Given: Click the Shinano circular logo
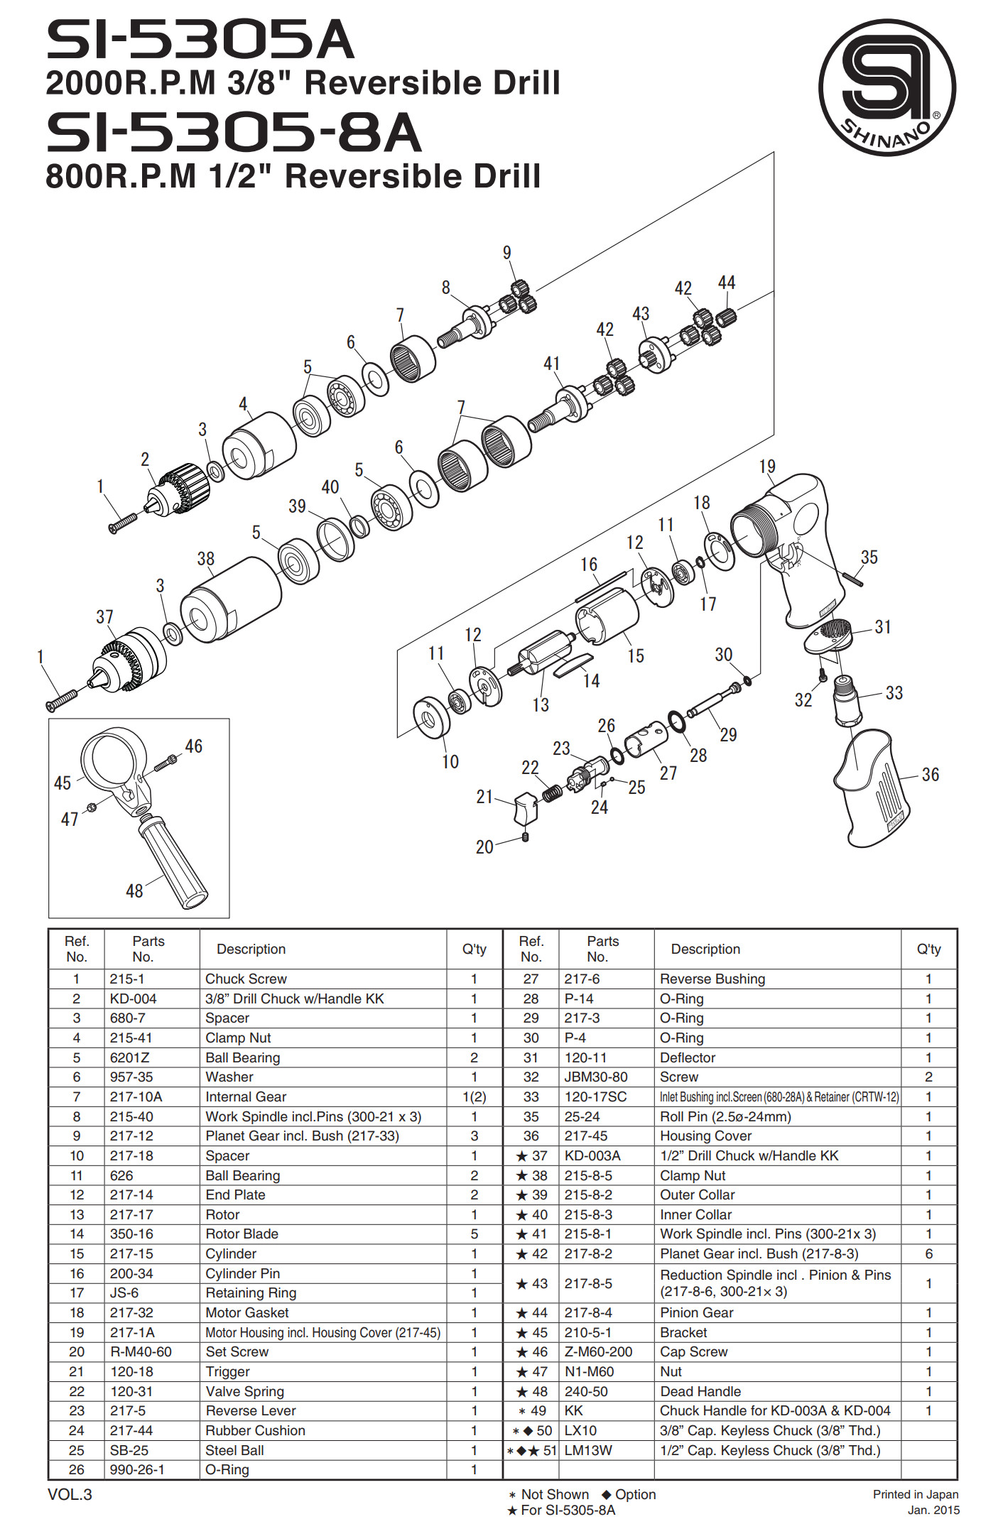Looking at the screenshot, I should point(887,87).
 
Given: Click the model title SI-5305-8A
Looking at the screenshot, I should point(234,133).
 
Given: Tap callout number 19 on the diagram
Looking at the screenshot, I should point(767,467).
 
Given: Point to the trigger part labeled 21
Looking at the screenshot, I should point(526,809).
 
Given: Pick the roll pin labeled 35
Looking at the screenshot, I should point(853,578).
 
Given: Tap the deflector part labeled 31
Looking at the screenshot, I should point(828,635).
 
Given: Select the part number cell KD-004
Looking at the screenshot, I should point(133,998).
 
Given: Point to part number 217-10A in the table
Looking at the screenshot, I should point(136,1096).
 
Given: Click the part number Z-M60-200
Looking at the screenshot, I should point(598,1351).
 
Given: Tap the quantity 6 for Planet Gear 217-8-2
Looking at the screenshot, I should point(928,1253).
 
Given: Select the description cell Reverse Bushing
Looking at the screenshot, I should point(712,979).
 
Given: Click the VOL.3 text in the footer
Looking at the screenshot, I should point(70,1494).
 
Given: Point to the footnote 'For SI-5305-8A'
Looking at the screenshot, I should point(568,1510).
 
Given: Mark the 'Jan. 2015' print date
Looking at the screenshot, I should point(933,1510).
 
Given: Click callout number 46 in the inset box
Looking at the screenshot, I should point(194,746).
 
